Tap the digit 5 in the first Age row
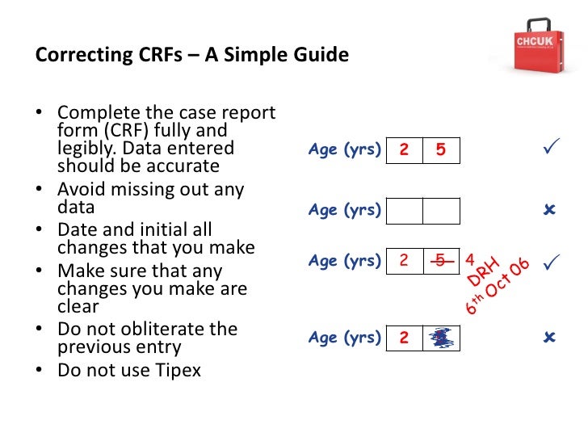click(440, 150)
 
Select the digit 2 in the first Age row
click(405, 150)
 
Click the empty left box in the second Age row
click(405, 211)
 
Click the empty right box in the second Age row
click(441, 211)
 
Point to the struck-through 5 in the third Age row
click(440, 260)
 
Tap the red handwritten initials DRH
click(485, 272)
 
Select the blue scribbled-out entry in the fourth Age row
click(440, 338)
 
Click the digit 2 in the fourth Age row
click(405, 338)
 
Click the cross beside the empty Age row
click(550, 211)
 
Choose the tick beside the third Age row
click(552, 262)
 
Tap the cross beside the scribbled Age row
click(550, 338)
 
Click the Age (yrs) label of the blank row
click(344, 211)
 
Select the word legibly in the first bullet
click(83, 149)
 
